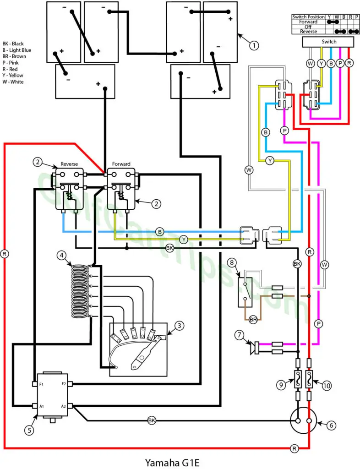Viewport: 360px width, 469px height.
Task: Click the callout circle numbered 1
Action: [x=254, y=45]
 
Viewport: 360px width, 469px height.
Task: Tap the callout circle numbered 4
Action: [x=61, y=256]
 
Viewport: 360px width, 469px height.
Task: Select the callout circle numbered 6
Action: [x=331, y=425]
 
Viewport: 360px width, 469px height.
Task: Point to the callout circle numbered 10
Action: [x=327, y=386]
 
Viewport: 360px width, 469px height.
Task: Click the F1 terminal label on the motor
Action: [x=41, y=384]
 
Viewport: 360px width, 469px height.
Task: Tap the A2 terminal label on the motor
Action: [x=63, y=407]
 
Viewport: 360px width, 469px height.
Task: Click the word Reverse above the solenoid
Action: [x=69, y=164]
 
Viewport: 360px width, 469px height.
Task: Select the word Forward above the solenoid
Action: [x=121, y=164]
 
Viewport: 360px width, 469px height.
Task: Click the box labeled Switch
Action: [x=328, y=42]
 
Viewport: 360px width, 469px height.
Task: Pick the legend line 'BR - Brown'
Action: [x=14, y=56]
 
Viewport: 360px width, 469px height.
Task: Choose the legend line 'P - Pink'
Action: [x=11, y=63]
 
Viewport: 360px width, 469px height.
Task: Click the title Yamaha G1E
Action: [x=172, y=463]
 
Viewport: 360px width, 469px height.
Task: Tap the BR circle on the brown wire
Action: [x=253, y=320]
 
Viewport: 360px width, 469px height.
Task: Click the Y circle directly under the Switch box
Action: [x=321, y=63]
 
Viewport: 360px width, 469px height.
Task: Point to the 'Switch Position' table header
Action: [x=308, y=17]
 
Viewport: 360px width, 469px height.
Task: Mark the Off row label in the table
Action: [x=308, y=27]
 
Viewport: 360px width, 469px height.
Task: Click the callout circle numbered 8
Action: [x=232, y=262]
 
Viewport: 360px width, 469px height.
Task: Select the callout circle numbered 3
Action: [x=179, y=326]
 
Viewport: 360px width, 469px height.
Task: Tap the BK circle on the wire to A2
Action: [x=152, y=420]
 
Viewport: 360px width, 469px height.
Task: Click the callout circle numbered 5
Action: [x=29, y=431]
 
